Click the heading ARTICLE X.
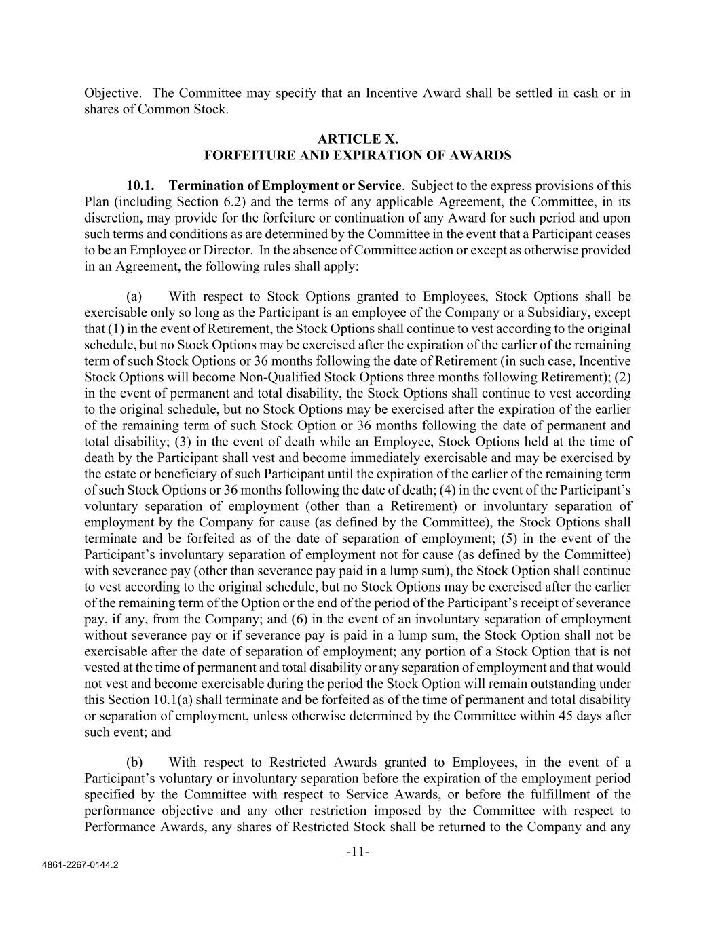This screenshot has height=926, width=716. point(358,139)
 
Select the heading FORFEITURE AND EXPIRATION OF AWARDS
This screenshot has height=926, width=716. point(358,155)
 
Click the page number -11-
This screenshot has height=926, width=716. point(358,852)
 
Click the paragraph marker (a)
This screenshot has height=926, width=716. point(134,296)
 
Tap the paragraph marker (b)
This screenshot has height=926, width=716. point(134,762)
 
